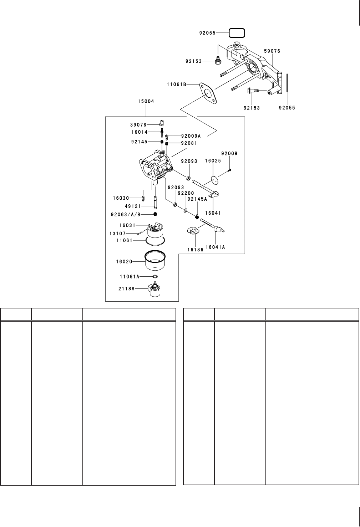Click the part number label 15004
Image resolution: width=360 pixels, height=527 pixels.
(146, 101)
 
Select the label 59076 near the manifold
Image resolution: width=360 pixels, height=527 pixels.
(272, 51)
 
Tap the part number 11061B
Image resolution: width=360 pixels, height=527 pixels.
(177, 85)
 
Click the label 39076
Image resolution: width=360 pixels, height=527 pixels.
(138, 125)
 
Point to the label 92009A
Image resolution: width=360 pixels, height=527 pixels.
(191, 136)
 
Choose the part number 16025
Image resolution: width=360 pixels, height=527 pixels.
(213, 161)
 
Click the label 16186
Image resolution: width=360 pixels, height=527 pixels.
(196, 250)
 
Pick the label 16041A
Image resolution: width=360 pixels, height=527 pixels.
(216, 247)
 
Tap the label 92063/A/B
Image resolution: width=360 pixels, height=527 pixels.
(126, 214)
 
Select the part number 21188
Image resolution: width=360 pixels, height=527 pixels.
(126, 289)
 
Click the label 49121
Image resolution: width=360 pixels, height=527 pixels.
(132, 206)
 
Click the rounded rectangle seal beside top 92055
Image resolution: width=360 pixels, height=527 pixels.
(237, 33)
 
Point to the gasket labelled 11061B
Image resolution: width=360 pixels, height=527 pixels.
(208, 93)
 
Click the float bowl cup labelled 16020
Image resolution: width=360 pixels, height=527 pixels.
(155, 261)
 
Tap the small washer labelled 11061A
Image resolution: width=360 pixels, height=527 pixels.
(155, 277)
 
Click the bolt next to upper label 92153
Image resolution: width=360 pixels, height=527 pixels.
(217, 61)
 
